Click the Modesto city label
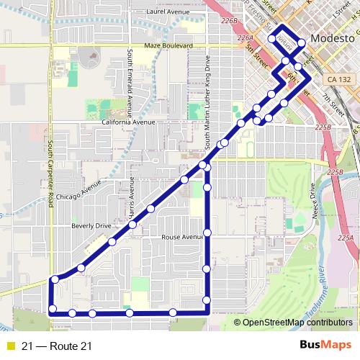point(332,37)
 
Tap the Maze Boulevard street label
point(168,45)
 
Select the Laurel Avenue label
point(167,12)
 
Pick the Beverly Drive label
point(91,225)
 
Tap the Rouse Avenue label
point(184,237)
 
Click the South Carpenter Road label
point(51,174)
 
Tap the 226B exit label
point(230,21)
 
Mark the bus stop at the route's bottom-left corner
point(52,310)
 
